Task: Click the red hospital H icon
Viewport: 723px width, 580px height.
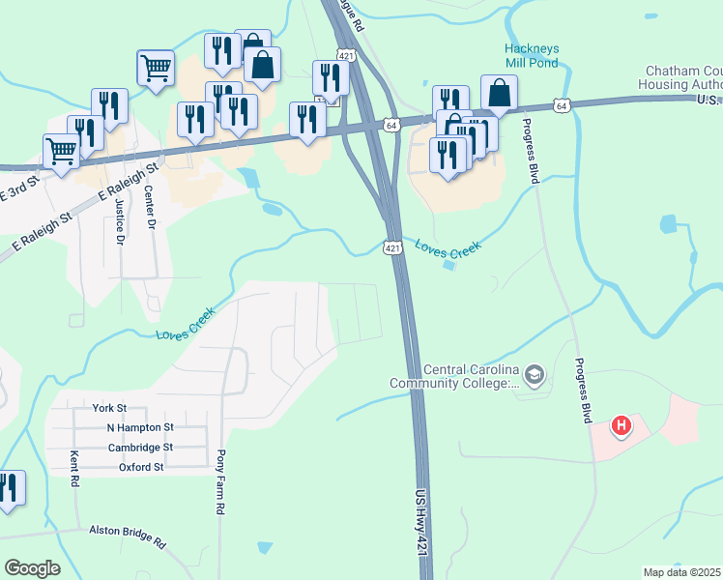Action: point(622,424)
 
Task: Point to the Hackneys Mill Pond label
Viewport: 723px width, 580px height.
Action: point(532,56)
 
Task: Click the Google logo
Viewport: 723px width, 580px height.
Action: point(32,568)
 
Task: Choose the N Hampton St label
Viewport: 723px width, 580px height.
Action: point(139,427)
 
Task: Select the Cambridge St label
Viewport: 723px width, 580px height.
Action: point(140,448)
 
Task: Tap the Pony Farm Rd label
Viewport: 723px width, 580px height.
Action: point(221,481)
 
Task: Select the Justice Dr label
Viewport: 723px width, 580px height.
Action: point(120,219)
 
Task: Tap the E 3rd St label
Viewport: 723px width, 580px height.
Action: point(18,186)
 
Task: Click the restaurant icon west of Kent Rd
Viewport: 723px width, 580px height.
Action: point(10,488)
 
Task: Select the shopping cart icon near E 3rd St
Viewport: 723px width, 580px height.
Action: point(61,151)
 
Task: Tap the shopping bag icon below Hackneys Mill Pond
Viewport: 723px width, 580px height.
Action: point(499,94)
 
